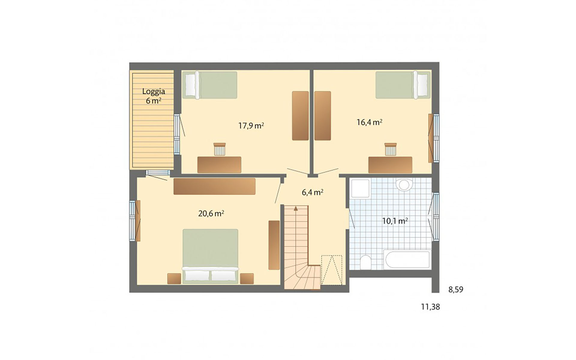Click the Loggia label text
coord(154,91)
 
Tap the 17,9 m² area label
coord(251,125)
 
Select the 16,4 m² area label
coord(369,122)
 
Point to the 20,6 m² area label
coord(211,214)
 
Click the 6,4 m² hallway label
coord(312,192)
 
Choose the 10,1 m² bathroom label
coord(395,221)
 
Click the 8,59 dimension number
coord(456,289)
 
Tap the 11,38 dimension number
coord(430,307)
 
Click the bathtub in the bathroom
coord(407,260)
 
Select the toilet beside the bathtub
coord(366,262)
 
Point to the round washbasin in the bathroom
coord(404,184)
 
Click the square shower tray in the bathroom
coord(360,188)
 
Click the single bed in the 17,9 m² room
coord(210,85)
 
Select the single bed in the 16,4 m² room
coord(403,85)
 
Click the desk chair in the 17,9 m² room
coord(219,149)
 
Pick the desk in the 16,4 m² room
coord(390,165)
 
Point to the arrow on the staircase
coord(296,208)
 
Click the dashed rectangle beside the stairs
coord(331,270)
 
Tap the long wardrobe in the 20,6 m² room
coord(214,186)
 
